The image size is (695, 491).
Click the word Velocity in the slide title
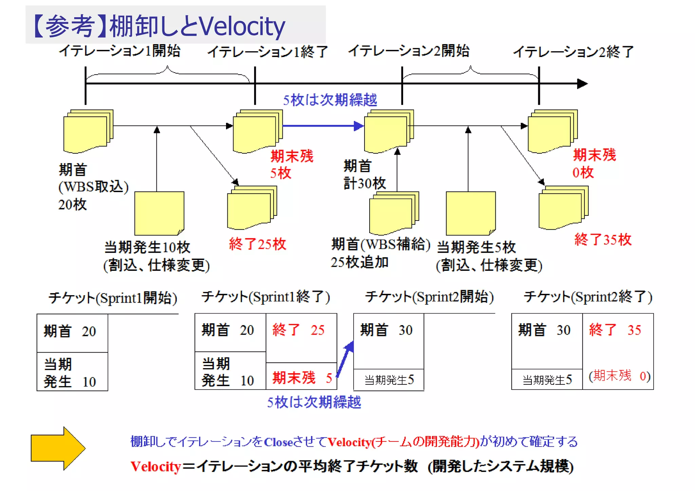click(242, 26)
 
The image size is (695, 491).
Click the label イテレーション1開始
click(119, 51)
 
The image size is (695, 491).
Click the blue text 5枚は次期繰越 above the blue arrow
click(330, 100)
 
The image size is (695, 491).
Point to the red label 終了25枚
click(257, 244)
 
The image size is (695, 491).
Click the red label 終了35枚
click(603, 240)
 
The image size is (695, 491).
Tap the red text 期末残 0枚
click(594, 164)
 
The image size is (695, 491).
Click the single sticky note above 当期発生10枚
click(159, 213)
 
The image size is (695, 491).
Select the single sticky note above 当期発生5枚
click(471, 213)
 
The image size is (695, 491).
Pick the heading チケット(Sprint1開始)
click(113, 298)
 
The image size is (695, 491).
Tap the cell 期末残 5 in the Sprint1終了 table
click(301, 377)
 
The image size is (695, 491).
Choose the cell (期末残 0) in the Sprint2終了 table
click(619, 376)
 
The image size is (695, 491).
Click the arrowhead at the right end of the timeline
click(582, 83)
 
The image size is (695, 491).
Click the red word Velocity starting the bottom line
click(156, 467)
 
